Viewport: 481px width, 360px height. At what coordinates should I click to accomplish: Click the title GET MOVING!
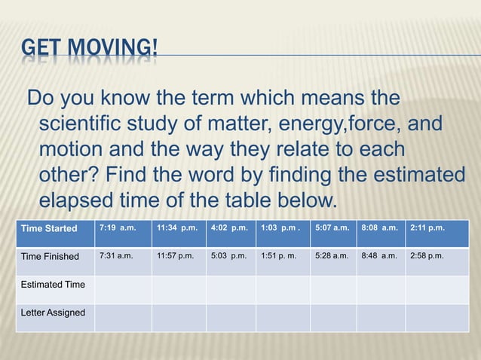point(90,51)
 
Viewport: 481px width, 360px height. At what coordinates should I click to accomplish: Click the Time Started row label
point(49,228)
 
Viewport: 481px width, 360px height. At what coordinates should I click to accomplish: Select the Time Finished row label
point(51,256)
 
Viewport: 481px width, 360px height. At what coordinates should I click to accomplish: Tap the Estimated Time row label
point(53,285)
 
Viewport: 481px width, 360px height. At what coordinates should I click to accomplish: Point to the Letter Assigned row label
point(53,313)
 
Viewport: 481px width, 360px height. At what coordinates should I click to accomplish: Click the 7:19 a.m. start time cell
point(118,228)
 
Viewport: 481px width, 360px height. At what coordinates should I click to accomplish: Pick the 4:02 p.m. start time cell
point(229,228)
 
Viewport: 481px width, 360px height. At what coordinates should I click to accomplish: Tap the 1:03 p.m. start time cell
point(280,228)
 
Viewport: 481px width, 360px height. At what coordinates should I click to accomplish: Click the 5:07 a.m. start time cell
point(332,228)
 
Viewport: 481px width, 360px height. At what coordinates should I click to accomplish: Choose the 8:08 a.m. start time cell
point(380,228)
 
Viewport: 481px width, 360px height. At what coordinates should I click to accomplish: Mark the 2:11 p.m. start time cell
point(427,228)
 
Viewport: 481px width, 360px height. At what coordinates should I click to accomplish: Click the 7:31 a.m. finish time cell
point(117,256)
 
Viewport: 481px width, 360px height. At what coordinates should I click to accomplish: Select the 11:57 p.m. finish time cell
point(176,256)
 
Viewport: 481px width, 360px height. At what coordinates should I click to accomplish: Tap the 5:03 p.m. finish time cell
point(229,256)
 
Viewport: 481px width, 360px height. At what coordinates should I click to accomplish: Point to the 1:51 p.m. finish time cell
point(280,256)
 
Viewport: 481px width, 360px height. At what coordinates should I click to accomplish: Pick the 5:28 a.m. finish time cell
point(332,256)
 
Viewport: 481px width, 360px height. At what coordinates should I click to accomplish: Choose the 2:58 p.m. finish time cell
point(427,256)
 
